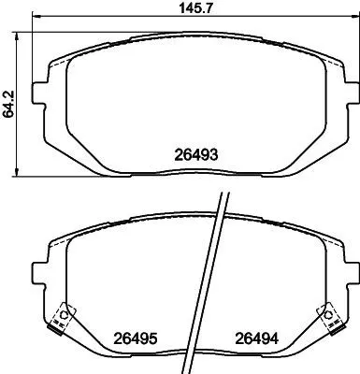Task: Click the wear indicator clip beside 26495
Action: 64,317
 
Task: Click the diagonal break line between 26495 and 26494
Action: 218,280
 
